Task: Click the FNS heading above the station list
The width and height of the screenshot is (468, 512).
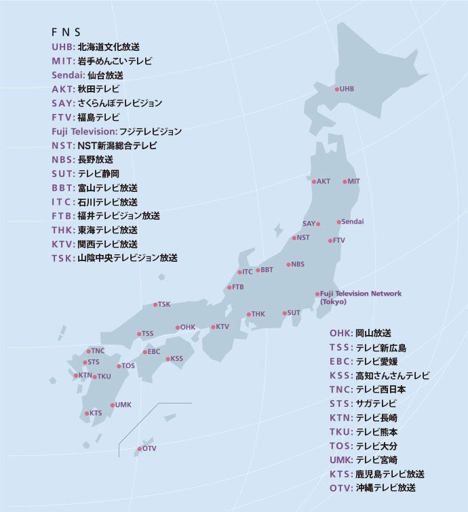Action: pyautogui.click(x=66, y=33)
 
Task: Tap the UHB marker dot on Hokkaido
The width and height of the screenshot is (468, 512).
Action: pyautogui.click(x=336, y=89)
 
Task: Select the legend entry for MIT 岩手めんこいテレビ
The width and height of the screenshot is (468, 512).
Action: pyautogui.click(x=102, y=61)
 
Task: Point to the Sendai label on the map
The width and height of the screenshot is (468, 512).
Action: pyautogui.click(x=353, y=222)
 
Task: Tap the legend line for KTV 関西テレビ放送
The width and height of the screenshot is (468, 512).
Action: pyautogui.click(x=94, y=243)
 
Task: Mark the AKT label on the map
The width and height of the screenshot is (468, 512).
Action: pyautogui.click(x=324, y=182)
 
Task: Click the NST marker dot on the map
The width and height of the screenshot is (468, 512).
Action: pyautogui.click(x=294, y=238)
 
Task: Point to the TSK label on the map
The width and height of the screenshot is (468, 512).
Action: pyautogui.click(x=164, y=304)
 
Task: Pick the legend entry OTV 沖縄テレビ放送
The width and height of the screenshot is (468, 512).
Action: pyautogui.click(x=372, y=488)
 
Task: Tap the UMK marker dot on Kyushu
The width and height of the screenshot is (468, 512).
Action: pyautogui.click(x=113, y=406)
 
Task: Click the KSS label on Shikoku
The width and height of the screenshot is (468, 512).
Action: pyautogui.click(x=176, y=359)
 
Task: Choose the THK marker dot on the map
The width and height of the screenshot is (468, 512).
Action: pyautogui.click(x=249, y=314)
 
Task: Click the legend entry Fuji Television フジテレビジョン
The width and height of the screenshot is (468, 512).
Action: pyautogui.click(x=117, y=132)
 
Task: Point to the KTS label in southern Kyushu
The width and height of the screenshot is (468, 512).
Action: pyautogui.click(x=96, y=413)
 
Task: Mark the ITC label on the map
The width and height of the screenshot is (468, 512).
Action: pyautogui.click(x=248, y=272)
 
